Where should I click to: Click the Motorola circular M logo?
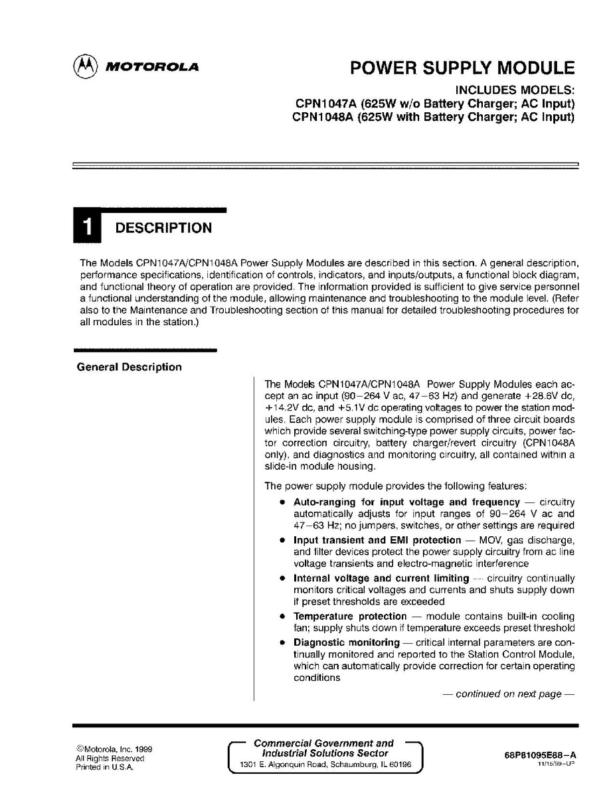86,66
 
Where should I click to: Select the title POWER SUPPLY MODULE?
462,68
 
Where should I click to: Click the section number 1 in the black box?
87,228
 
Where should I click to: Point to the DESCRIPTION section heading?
163,228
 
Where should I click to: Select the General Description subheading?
130,367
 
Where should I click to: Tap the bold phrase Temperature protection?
349,616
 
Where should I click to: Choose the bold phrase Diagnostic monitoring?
346,642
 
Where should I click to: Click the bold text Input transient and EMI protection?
377,540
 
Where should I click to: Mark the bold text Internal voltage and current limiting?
381,578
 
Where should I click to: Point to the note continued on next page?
508,694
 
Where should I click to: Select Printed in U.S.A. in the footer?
105,767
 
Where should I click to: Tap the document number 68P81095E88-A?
541,755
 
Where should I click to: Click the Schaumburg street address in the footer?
325,765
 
